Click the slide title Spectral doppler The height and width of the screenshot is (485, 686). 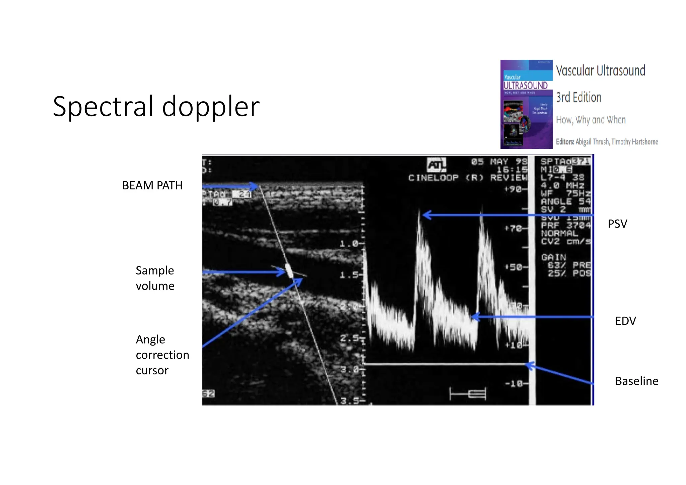point(156,107)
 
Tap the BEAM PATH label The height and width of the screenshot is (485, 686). point(152,185)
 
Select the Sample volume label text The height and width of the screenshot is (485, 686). point(155,278)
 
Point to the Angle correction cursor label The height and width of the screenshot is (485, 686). point(162,355)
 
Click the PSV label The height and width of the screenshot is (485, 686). point(617,224)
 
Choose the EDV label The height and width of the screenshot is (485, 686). point(625,321)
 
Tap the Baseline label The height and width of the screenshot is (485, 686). point(636,381)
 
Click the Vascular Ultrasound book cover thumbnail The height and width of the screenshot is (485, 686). point(526,104)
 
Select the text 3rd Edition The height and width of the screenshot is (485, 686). point(578,97)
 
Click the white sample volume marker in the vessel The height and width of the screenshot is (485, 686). point(289,270)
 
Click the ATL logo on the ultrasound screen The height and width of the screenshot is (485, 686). point(436,165)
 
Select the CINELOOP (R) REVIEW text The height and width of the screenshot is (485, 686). point(467,178)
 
